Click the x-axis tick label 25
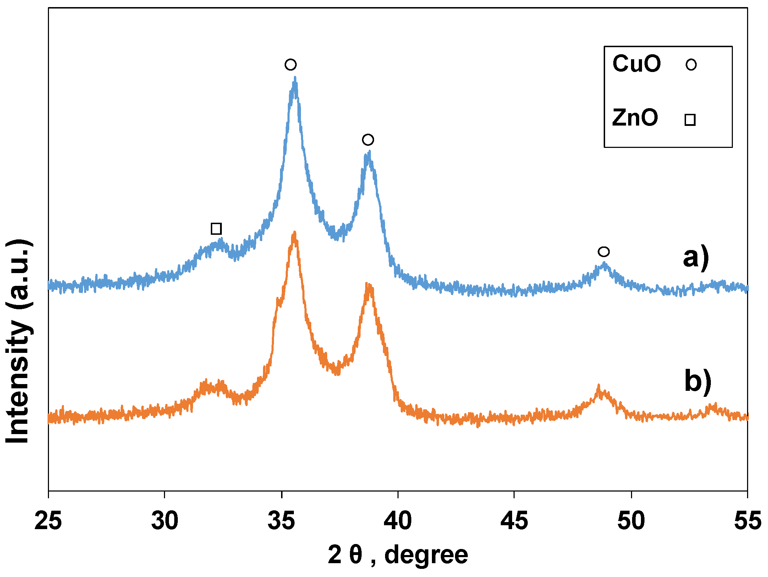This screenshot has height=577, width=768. (x=48, y=521)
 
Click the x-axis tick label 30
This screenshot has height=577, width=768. (x=165, y=521)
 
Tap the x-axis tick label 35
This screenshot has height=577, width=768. (x=281, y=521)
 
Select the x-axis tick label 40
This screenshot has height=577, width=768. (x=398, y=521)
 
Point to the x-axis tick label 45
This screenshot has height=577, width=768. (x=514, y=521)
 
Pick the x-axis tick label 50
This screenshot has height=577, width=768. (x=631, y=521)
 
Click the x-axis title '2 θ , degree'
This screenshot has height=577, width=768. (x=398, y=555)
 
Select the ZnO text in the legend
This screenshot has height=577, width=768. (x=635, y=118)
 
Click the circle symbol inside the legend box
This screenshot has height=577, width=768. (x=691, y=65)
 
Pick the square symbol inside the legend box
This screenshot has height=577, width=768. (x=690, y=120)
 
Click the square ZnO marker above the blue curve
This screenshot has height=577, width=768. (x=216, y=228)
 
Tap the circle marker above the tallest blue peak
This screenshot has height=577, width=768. (x=290, y=65)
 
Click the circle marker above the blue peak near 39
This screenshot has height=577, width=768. (x=368, y=140)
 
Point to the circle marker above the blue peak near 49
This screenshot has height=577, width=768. (x=604, y=252)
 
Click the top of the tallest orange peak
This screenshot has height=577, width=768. (x=294, y=233)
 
